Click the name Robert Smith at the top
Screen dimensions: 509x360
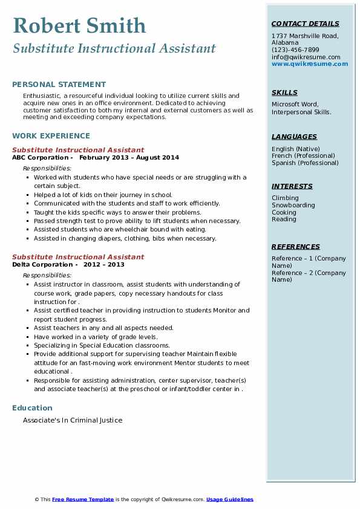click(x=79, y=26)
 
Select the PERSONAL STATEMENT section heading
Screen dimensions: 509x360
click(x=59, y=85)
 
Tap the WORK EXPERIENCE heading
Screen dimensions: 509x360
click(x=51, y=136)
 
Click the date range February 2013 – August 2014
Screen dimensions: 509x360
click(x=129, y=157)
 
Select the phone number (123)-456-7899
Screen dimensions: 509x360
click(x=295, y=50)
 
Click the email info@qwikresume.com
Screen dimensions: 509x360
click(x=306, y=57)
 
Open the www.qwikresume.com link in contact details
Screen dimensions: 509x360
click(x=310, y=63)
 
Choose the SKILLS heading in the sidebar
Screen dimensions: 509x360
click(x=284, y=92)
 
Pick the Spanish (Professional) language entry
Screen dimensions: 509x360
click(x=305, y=163)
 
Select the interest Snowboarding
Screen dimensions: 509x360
click(x=293, y=205)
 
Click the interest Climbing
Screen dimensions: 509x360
click(x=285, y=198)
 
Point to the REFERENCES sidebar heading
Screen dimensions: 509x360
click(x=296, y=247)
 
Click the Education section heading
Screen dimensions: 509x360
click(x=32, y=408)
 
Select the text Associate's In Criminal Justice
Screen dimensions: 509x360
click(x=73, y=420)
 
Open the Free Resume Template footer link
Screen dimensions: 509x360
click(x=83, y=499)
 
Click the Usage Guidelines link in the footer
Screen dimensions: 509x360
click(x=230, y=499)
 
